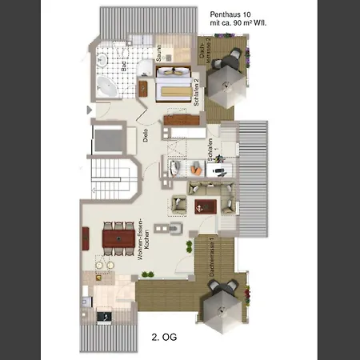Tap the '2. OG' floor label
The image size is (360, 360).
[x=164, y=338]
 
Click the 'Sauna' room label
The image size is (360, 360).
[x=160, y=54]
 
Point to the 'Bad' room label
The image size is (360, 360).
[x=125, y=69]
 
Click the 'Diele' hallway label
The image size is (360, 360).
[x=146, y=135]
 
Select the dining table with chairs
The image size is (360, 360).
[x=118, y=238]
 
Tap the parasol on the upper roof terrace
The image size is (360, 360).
[x=228, y=81]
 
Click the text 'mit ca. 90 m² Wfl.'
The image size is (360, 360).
[x=238, y=25]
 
